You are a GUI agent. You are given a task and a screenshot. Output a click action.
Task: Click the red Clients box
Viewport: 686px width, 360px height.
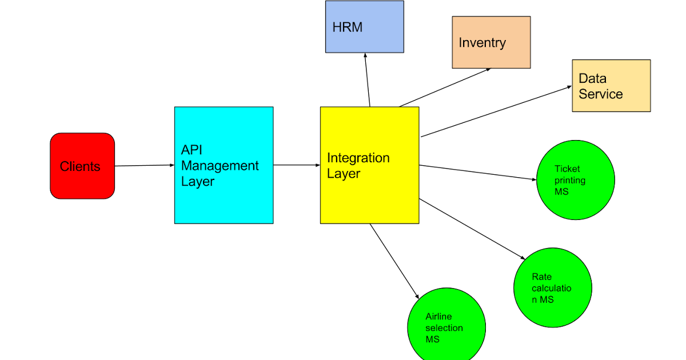point(82,166)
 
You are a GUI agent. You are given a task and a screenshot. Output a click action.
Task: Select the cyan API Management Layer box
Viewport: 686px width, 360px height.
point(224,165)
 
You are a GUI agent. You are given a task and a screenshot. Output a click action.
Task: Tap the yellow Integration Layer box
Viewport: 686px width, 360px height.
point(369,165)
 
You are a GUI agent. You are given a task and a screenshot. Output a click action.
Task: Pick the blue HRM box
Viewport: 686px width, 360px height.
point(364,26)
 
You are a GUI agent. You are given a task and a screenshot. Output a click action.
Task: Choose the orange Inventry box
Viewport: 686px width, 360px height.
point(491,42)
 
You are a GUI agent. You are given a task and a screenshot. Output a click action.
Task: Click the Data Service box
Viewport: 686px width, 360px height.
point(611,85)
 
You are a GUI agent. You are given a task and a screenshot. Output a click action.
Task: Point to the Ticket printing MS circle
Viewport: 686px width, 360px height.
point(576,179)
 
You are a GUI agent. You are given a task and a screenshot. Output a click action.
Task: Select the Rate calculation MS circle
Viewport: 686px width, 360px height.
point(553,287)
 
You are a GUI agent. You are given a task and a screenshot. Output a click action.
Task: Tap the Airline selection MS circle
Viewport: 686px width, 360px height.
point(446,327)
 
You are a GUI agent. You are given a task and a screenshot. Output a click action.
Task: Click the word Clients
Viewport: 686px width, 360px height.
point(80,166)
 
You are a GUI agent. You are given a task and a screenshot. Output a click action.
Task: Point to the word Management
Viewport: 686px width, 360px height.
point(220,166)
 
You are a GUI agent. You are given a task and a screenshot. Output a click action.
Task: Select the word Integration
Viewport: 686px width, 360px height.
point(358,158)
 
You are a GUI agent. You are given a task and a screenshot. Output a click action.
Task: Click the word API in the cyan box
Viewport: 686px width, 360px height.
point(192,150)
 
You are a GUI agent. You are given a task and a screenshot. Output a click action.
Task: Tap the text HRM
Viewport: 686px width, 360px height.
point(347,27)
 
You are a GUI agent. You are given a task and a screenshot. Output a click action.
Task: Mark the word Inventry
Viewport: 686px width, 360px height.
point(482,43)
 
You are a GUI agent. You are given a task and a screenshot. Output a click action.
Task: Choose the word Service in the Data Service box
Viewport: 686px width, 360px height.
point(600,94)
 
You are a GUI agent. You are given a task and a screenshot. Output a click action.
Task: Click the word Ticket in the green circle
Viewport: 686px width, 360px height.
point(567,169)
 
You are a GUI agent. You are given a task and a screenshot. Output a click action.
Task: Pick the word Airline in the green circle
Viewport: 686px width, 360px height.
point(438,317)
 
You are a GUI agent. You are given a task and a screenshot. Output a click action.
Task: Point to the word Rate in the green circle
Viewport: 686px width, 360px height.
point(541,277)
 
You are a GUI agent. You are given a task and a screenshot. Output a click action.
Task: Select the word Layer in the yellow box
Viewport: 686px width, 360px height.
point(343,174)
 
